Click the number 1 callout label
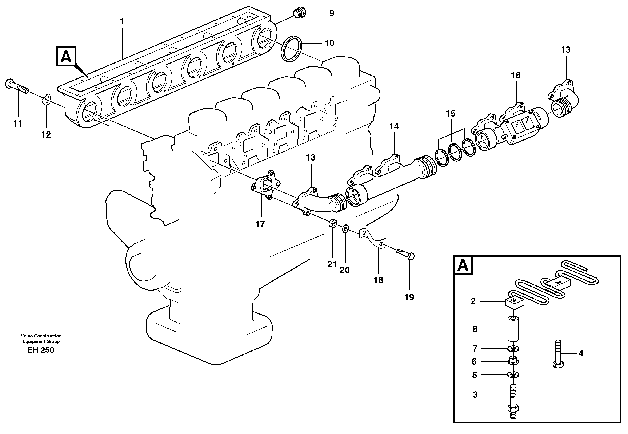pyautogui.click(x=122, y=21)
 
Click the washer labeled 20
pyautogui.click(x=345, y=228)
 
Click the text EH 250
pyautogui.click(x=41, y=350)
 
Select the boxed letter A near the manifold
pyautogui.click(x=66, y=56)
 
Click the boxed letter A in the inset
pyautogui.click(x=463, y=265)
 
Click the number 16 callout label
pyautogui.click(x=515, y=75)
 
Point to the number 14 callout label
pyautogui.click(x=394, y=126)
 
